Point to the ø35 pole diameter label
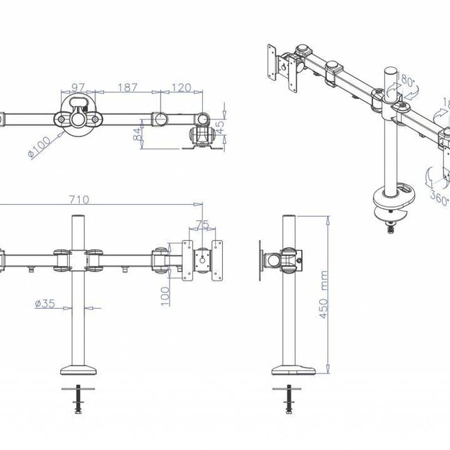coord(45,303)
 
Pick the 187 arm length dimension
coord(127,89)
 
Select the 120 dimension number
coord(182,89)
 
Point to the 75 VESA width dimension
coord(201,224)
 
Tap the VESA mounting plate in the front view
coord(203,260)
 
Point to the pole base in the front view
coord(78,369)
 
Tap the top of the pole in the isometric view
coord(389,71)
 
